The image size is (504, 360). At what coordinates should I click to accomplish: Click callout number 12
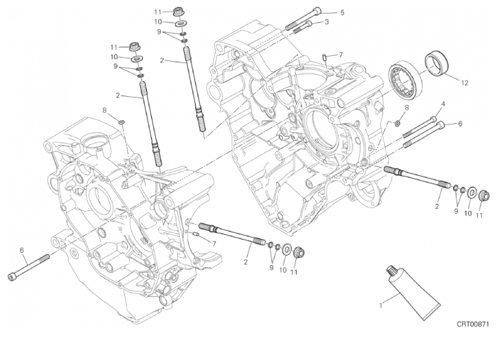coord(464,83)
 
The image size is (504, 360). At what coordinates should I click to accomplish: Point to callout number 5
coord(343,12)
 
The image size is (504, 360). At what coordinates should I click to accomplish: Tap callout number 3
coord(326,22)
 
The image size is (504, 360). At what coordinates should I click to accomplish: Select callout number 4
coord(442,104)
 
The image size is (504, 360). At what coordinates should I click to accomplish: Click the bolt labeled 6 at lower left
coord(28,267)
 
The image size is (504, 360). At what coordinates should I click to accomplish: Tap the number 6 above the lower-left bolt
coord(22,249)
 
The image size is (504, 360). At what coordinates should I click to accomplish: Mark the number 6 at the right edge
coord(460,124)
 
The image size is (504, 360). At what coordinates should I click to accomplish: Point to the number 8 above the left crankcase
coord(105,110)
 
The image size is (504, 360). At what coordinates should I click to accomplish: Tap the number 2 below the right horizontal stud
coord(437,205)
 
